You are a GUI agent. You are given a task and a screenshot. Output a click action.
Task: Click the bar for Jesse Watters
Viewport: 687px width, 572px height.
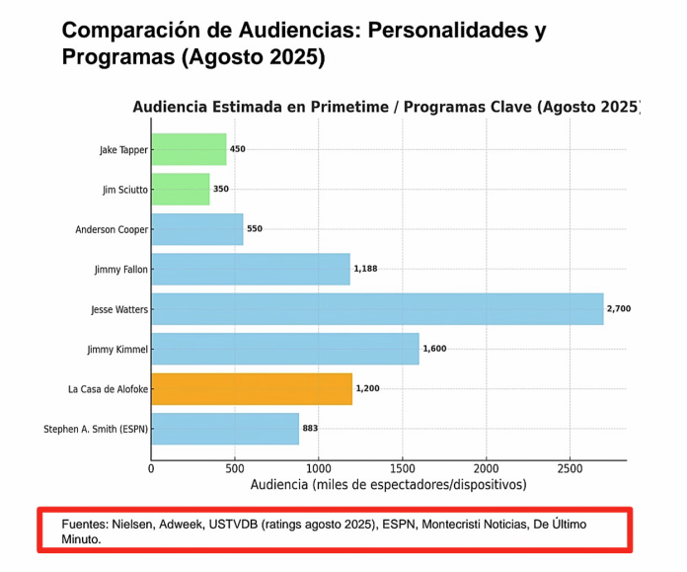coord(377,308)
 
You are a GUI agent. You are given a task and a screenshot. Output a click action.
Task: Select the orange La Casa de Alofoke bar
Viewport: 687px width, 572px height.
coord(252,388)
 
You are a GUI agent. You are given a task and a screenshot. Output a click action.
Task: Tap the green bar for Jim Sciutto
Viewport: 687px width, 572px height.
coord(181,189)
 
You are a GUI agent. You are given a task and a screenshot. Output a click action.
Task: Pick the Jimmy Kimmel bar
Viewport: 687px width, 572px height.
coord(285,349)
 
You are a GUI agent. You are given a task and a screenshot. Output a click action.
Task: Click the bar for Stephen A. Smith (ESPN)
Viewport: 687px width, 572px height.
coord(225,429)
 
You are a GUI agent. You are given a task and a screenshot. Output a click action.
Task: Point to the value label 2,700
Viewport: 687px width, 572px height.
coord(619,309)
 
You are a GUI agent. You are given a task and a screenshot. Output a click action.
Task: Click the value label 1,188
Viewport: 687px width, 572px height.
coord(366,269)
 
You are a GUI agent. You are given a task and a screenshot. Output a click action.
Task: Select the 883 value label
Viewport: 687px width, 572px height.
coord(310,429)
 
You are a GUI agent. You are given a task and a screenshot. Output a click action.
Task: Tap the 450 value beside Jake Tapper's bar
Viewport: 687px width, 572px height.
coord(237,149)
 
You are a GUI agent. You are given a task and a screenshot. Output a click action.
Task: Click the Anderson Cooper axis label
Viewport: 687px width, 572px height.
coord(112,229)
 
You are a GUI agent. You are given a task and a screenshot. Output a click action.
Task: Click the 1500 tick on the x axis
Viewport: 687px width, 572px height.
coord(402,469)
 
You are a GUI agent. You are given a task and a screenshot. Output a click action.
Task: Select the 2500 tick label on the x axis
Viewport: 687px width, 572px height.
coord(569,469)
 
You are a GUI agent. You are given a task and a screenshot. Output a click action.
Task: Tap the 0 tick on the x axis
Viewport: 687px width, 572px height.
coord(151,469)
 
